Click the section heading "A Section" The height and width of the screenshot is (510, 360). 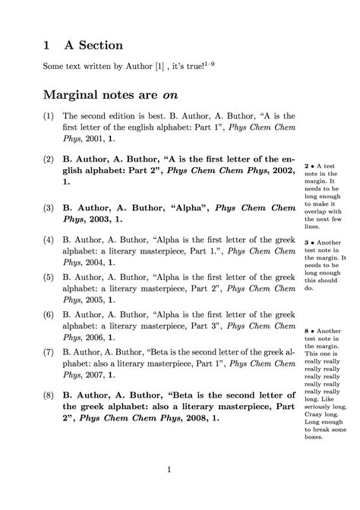point(94,46)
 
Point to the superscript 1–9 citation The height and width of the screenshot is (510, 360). point(213,65)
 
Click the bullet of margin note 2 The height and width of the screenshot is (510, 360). point(312,165)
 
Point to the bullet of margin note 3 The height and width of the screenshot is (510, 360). point(312,243)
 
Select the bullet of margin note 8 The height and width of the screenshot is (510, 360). point(312,332)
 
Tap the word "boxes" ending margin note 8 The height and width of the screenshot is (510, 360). point(314,436)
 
